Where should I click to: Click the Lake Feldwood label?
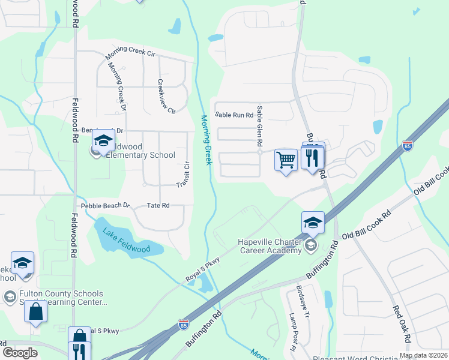(x=126, y=241)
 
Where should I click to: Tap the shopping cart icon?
(x=286, y=160)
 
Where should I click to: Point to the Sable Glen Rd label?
(x=260, y=127)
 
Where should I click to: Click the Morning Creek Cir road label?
(x=130, y=53)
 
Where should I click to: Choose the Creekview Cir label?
(x=166, y=97)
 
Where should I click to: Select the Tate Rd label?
(x=158, y=205)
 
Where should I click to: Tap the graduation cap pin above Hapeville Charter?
(x=313, y=222)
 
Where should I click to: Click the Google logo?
(x=20, y=353)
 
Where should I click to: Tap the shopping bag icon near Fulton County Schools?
(x=36, y=312)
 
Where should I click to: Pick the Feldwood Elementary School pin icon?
(x=103, y=141)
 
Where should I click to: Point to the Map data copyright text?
(x=423, y=355)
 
